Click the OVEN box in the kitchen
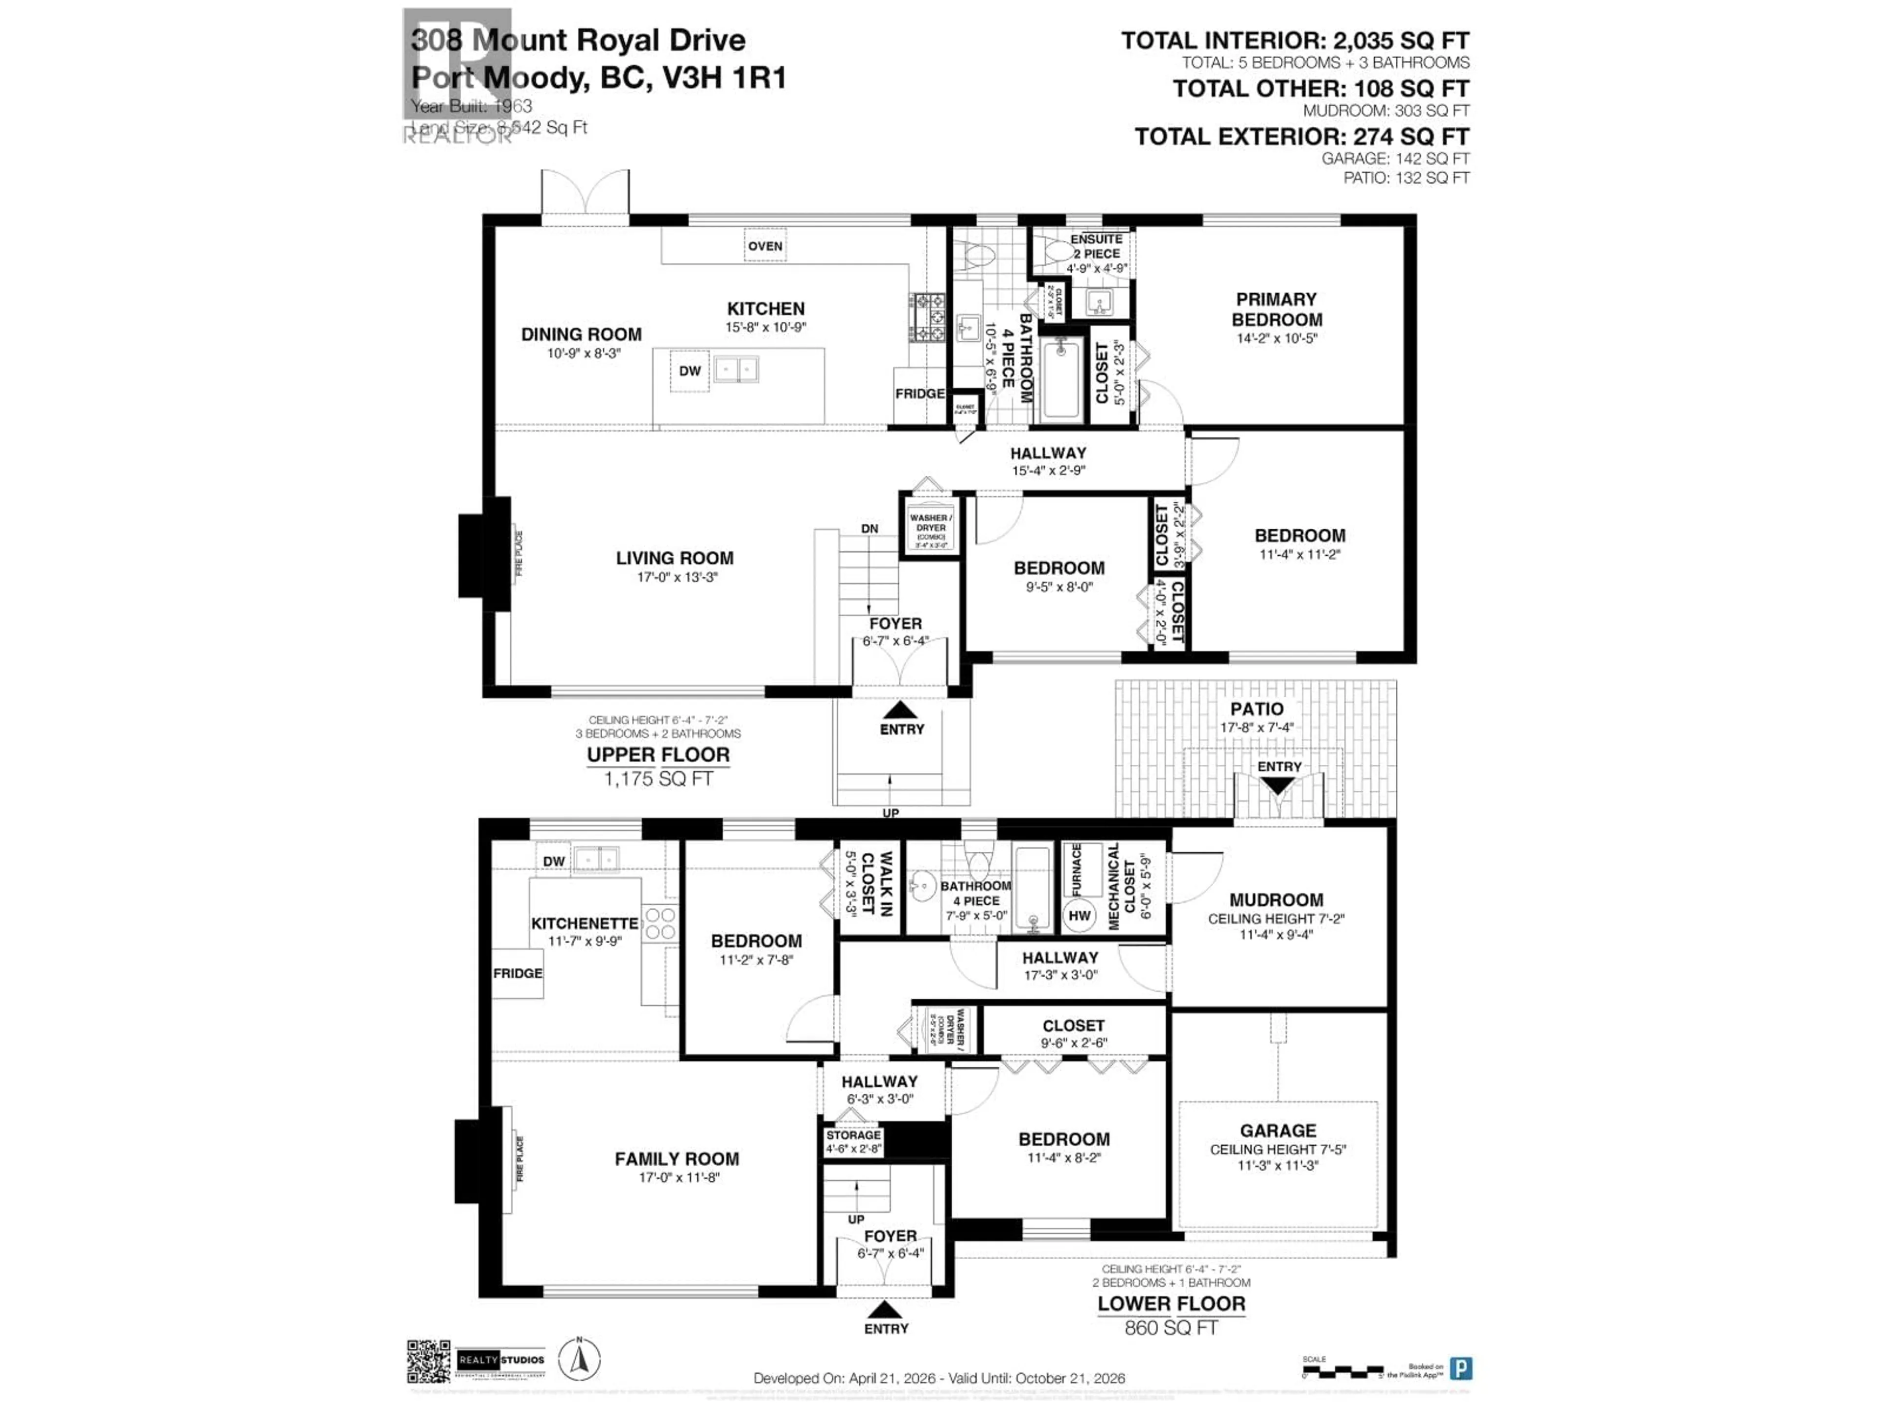765,246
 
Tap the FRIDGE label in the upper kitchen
919,394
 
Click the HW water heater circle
1080,916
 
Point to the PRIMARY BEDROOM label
1276,309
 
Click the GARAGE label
1277,1130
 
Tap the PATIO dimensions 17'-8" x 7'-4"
1257,728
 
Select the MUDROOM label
1276,900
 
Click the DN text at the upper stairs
869,529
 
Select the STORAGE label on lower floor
853,1135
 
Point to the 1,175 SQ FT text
658,778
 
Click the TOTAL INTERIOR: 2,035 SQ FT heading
1294,41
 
